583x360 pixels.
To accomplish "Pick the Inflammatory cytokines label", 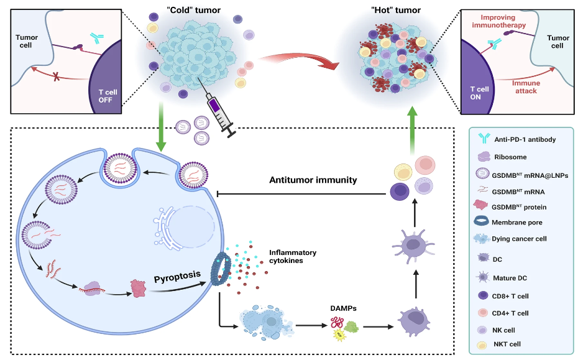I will click(x=293, y=256).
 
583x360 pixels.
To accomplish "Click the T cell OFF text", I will click(x=110, y=95).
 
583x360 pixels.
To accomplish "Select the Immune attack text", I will click(x=525, y=86).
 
